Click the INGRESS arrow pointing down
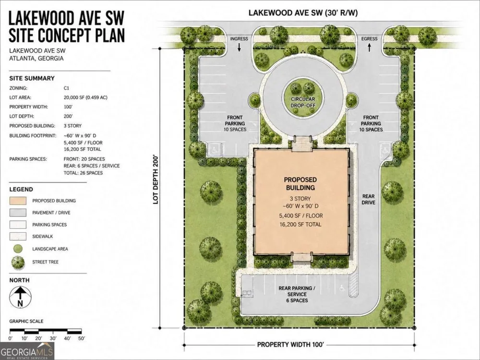240,47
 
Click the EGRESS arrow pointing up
370,47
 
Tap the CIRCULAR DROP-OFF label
303,102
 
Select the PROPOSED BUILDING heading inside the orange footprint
300,184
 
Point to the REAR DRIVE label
368,199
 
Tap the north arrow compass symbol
20,297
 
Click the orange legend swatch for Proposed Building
18,201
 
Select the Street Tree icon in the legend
18,263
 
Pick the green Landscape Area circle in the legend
18,249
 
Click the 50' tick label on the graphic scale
82,338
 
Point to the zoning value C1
66,88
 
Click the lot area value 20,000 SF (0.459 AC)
85,97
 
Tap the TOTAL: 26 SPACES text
83,173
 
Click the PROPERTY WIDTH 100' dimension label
290,345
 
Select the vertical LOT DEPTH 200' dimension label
156,179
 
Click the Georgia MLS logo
27,351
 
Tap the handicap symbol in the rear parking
342,288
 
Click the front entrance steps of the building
302,144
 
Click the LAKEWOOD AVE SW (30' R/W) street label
303,13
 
